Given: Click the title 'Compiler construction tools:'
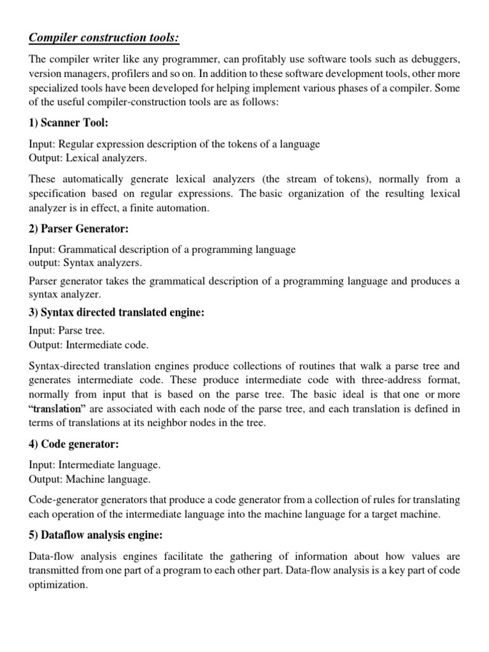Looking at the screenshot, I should pos(104,39).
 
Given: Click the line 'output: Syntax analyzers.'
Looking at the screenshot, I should pos(85,262).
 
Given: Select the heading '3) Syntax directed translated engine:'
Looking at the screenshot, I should pos(117,313).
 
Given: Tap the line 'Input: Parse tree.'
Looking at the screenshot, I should pos(67,330).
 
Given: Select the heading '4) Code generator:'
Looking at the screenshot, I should pos(74,444).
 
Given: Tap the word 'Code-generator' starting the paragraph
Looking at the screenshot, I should pos(61,500).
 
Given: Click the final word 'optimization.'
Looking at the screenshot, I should pos(58,585).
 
